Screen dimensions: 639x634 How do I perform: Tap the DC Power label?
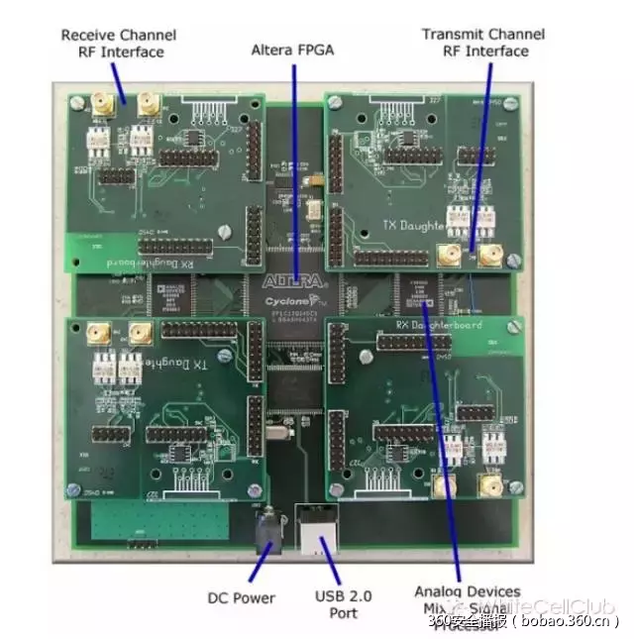241,597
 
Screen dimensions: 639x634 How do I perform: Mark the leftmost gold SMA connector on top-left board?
102,102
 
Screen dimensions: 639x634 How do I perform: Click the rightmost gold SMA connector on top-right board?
488,257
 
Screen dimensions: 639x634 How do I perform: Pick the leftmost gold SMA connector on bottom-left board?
97,334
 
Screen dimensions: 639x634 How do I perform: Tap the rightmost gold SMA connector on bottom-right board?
487,483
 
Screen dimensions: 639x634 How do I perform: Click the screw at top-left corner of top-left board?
77,102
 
